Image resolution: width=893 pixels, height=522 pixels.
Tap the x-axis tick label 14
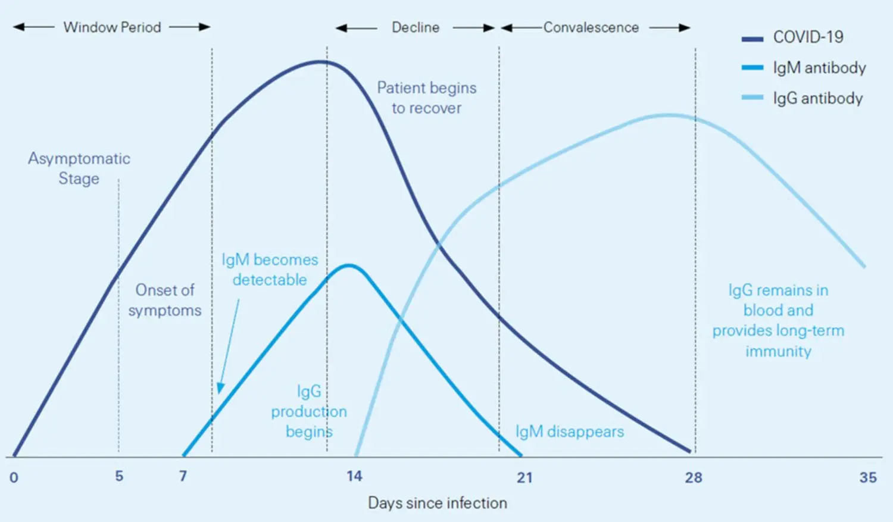click(x=354, y=476)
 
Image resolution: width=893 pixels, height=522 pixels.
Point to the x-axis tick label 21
click(x=524, y=477)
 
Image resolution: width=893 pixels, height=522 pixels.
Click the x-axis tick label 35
click(x=867, y=477)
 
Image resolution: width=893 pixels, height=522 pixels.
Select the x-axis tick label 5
click(x=119, y=476)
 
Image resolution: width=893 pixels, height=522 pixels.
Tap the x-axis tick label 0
click(x=14, y=477)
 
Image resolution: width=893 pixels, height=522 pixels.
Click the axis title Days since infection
click(x=437, y=503)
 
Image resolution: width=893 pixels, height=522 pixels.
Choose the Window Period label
click(x=112, y=27)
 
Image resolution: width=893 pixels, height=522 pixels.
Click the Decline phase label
click(x=415, y=27)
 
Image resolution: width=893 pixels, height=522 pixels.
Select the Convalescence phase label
click(x=591, y=27)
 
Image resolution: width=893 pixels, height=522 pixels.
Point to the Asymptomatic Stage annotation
click(x=79, y=168)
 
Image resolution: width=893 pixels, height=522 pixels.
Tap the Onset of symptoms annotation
click(x=164, y=300)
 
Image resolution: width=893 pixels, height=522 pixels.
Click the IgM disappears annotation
click(x=569, y=432)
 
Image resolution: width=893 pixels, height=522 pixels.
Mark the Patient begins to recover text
click(x=426, y=98)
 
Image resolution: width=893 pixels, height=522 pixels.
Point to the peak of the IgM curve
click(x=349, y=265)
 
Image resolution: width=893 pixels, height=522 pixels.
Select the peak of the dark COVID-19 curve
click(x=320, y=61)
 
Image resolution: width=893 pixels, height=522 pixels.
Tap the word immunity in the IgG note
click(x=778, y=351)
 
